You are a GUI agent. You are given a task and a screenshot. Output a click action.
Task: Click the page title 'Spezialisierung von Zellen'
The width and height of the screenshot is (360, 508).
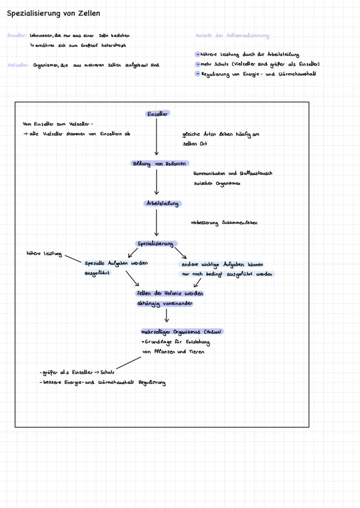(53, 13)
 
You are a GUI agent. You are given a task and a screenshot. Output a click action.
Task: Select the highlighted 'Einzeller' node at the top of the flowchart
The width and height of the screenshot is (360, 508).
(157, 114)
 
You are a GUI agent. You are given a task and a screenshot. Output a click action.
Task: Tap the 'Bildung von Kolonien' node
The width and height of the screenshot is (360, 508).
(160, 164)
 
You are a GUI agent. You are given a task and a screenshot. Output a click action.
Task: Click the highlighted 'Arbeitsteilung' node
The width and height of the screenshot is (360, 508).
(162, 203)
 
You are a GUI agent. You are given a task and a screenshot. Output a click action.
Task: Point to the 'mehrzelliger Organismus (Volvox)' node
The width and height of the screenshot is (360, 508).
(181, 332)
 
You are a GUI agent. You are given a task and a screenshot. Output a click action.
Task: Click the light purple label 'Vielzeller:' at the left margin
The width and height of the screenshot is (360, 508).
(18, 65)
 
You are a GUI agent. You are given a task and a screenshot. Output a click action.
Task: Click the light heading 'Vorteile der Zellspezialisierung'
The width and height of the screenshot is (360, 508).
(233, 35)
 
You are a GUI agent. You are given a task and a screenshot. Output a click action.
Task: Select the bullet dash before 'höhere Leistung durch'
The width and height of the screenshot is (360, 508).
(197, 55)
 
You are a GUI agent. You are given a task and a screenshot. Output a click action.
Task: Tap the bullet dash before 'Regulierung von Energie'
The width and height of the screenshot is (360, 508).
(197, 74)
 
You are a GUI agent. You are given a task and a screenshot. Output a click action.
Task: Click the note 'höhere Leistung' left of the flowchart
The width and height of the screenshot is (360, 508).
(44, 253)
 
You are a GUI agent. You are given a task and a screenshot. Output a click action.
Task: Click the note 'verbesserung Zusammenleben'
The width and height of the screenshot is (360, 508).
(223, 223)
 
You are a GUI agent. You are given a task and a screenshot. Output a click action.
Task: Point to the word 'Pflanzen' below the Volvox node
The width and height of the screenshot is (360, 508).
(164, 352)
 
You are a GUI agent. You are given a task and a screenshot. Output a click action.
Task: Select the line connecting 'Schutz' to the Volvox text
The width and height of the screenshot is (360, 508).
(129, 363)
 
